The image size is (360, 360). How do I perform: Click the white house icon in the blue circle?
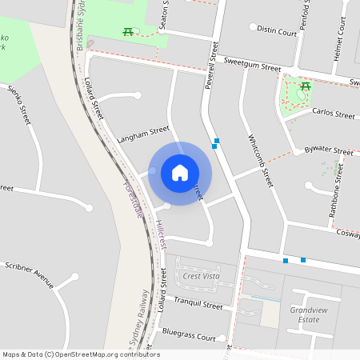click(180, 173)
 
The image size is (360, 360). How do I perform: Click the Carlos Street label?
click(333, 114)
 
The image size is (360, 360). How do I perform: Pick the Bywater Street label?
click(329, 150)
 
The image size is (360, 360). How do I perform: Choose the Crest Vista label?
click(201, 276)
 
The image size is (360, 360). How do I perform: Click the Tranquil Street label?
click(198, 305)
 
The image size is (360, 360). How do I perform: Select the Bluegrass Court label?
click(189, 337)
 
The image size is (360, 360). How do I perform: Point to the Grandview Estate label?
click(305, 314)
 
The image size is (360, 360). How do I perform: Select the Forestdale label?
click(132, 198)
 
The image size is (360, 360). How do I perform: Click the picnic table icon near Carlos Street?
click(305, 86)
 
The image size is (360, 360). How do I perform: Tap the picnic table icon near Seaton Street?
click(128, 32)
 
